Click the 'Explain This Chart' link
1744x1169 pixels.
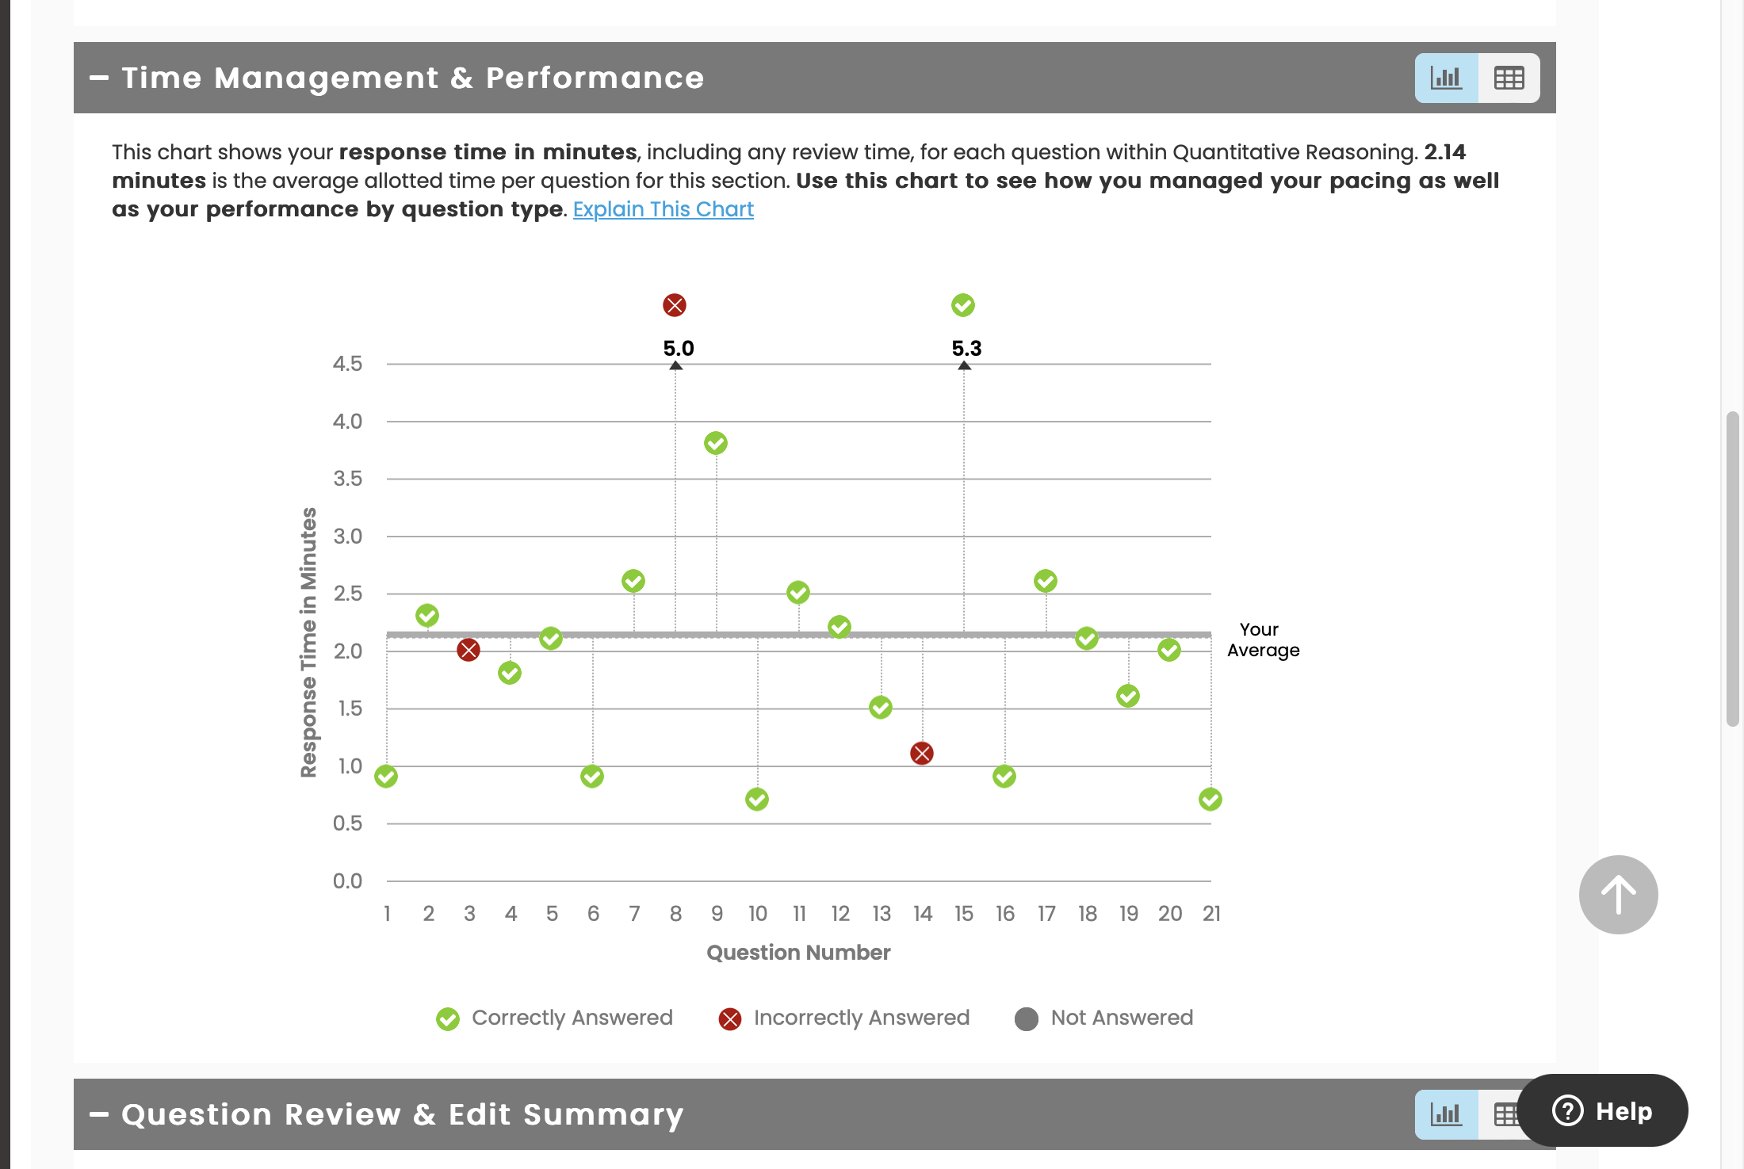[663, 209]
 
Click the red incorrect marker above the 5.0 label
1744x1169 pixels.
[675, 305]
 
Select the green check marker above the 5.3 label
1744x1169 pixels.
[963, 305]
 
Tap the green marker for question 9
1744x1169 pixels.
[716, 443]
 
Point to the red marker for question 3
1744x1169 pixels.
[469, 651]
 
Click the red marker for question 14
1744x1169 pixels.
[922, 753]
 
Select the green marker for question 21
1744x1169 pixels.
[1210, 799]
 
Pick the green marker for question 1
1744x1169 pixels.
[386, 777]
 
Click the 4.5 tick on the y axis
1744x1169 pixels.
[347, 364]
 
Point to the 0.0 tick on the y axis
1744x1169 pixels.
[347, 881]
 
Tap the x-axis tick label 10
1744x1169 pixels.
[758, 914]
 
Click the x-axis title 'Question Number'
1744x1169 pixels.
[798, 953]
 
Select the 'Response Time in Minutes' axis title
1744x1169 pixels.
[308, 642]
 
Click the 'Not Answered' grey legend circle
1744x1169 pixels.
[1027, 1018]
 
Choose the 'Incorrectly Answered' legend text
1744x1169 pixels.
[862, 1018]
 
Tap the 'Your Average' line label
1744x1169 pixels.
[1263, 640]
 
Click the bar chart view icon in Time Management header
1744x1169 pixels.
[1447, 78]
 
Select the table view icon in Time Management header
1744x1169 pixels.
[1509, 78]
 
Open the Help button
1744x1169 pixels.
[1602, 1110]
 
